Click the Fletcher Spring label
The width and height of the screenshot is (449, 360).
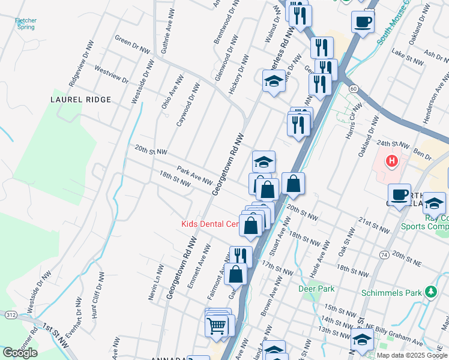click(x=26, y=24)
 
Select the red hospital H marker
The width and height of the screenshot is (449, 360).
click(x=391, y=161)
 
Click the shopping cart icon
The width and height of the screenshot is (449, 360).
click(x=216, y=326)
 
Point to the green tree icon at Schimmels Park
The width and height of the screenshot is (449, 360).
click(x=430, y=292)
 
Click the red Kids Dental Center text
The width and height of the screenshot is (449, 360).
click(x=210, y=224)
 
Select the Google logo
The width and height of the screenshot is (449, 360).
click(x=20, y=353)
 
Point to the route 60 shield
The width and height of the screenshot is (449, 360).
click(x=354, y=89)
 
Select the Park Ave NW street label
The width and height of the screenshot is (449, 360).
click(x=194, y=176)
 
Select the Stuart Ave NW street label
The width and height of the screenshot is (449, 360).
click(x=280, y=227)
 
